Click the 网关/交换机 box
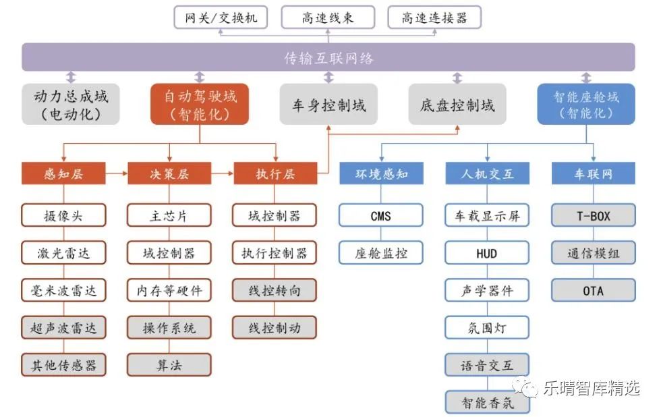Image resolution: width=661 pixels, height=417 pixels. (221, 18)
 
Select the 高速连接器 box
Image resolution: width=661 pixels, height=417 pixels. (434, 18)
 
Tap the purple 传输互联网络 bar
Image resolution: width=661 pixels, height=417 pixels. (328, 57)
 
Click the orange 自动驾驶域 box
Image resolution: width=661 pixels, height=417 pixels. (199, 104)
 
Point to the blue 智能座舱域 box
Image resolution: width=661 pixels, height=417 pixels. (585, 104)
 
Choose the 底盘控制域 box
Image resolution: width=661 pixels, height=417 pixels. (457, 105)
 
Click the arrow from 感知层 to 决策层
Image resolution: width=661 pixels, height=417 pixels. (116, 173)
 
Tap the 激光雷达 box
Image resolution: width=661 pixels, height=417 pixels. (63, 253)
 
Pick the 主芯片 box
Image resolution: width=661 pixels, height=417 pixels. (169, 216)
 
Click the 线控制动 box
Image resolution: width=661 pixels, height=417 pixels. (275, 328)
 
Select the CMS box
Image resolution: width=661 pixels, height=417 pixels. (380, 216)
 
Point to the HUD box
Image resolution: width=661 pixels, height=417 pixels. (486, 253)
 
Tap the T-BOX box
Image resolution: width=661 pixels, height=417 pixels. (594, 216)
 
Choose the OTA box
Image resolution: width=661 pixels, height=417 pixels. (594, 291)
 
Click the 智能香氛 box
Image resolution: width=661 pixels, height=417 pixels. (486, 403)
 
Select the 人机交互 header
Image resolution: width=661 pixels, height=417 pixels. (486, 173)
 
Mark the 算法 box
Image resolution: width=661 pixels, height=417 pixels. (169, 365)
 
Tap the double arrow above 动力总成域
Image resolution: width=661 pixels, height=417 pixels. (71, 77)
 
